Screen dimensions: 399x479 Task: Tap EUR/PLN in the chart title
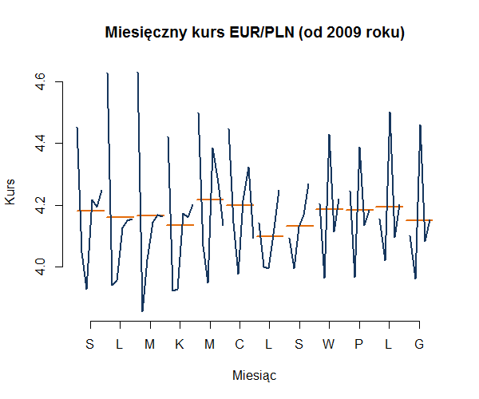click(256, 34)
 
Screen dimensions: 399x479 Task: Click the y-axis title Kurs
click(10, 192)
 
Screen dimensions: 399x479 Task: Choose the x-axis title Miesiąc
click(255, 374)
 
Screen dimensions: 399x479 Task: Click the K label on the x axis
click(180, 345)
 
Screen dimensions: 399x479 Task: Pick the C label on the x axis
click(239, 345)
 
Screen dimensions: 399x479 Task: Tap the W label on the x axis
click(329, 345)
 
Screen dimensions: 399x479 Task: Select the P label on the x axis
click(359, 345)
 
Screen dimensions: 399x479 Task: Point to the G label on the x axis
click(419, 345)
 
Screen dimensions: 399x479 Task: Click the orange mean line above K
click(180, 225)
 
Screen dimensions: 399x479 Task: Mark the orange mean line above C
click(239, 205)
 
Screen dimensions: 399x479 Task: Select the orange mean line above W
click(329, 209)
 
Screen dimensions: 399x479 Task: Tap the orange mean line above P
click(359, 210)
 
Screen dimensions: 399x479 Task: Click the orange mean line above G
click(419, 220)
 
